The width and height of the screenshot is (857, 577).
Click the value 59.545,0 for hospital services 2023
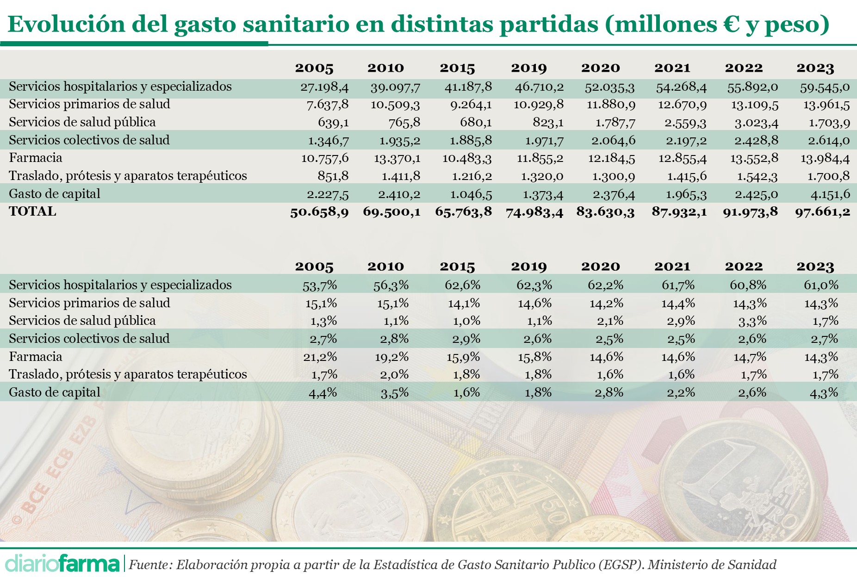[x=825, y=87]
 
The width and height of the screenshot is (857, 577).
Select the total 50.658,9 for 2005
[x=319, y=212]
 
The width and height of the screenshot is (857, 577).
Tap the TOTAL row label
[x=32, y=211]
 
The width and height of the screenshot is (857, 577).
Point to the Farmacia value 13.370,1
[x=397, y=158]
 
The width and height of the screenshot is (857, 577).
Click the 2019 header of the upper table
[x=528, y=68]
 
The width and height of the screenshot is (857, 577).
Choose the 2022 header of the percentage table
[x=743, y=267]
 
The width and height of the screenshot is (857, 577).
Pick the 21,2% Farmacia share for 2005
[x=320, y=357]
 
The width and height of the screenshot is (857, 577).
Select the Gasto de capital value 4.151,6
[x=825, y=194]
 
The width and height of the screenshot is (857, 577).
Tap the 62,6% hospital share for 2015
[x=462, y=285]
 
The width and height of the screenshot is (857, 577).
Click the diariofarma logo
[x=62, y=564]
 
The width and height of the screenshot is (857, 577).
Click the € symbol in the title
[x=731, y=24]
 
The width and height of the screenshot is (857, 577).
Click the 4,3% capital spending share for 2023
[x=824, y=393]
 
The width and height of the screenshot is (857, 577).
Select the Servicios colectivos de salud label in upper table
[x=89, y=140]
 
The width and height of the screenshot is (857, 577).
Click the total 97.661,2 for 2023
[x=822, y=212]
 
